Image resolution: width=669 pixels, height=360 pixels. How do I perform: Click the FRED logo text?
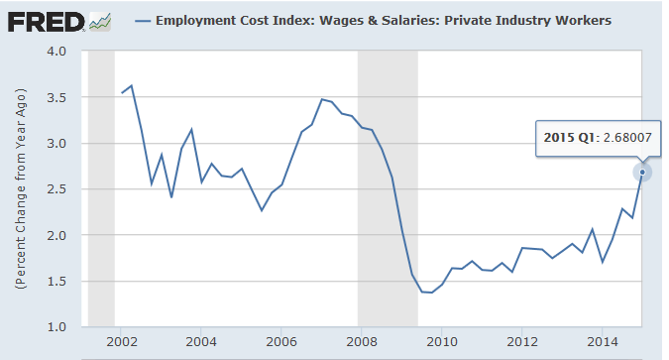coord(45,20)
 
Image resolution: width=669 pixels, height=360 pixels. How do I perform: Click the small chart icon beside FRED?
coord(98,20)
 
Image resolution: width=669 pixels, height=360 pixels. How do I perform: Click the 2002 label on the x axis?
coord(121,342)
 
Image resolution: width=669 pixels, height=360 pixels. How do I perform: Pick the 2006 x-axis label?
coord(281,342)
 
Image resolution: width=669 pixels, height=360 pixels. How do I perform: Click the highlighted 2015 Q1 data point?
coord(642,172)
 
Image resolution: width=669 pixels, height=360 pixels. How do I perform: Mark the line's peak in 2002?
coord(132,85)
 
